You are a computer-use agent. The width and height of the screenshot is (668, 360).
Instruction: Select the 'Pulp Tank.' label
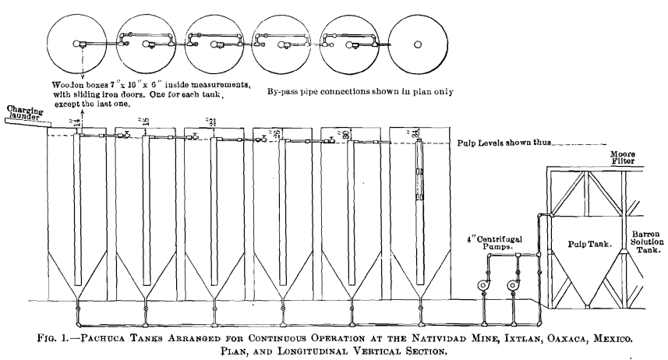[586, 244]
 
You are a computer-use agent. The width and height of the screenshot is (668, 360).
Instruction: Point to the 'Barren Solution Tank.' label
[645, 244]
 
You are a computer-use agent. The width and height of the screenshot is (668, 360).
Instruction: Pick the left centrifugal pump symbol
[483, 285]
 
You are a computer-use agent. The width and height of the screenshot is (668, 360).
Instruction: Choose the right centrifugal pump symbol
[514, 285]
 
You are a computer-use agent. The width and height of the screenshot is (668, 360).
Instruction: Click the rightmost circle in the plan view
[417, 44]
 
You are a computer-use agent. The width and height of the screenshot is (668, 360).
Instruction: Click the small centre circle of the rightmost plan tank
[418, 44]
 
